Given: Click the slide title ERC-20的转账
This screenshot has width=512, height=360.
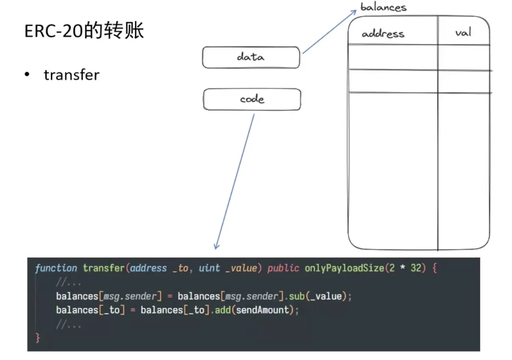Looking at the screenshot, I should click(84, 31).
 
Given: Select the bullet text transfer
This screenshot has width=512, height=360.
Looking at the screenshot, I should click(71, 75).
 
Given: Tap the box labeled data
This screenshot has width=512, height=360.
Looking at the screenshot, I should click(251, 57).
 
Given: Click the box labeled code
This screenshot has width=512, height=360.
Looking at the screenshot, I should click(252, 99).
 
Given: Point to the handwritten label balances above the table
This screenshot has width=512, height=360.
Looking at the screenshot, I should click(384, 7).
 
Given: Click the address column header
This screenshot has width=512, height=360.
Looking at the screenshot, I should click(383, 34).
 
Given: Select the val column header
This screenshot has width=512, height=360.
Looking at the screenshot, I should click(463, 33).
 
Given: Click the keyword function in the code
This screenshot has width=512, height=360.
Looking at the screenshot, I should click(56, 268).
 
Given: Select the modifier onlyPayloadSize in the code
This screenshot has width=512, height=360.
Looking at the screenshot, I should click(344, 268).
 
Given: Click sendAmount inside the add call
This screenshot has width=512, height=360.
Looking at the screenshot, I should click(264, 310).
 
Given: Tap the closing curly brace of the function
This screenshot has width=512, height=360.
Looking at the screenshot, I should click(38, 338).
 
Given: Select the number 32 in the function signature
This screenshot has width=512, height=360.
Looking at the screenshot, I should click(416, 268).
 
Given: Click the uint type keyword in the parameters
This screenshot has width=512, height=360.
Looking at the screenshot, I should click(209, 268).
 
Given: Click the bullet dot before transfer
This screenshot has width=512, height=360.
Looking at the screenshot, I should click(28, 75).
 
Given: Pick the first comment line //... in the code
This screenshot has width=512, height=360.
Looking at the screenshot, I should click(68, 283).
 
